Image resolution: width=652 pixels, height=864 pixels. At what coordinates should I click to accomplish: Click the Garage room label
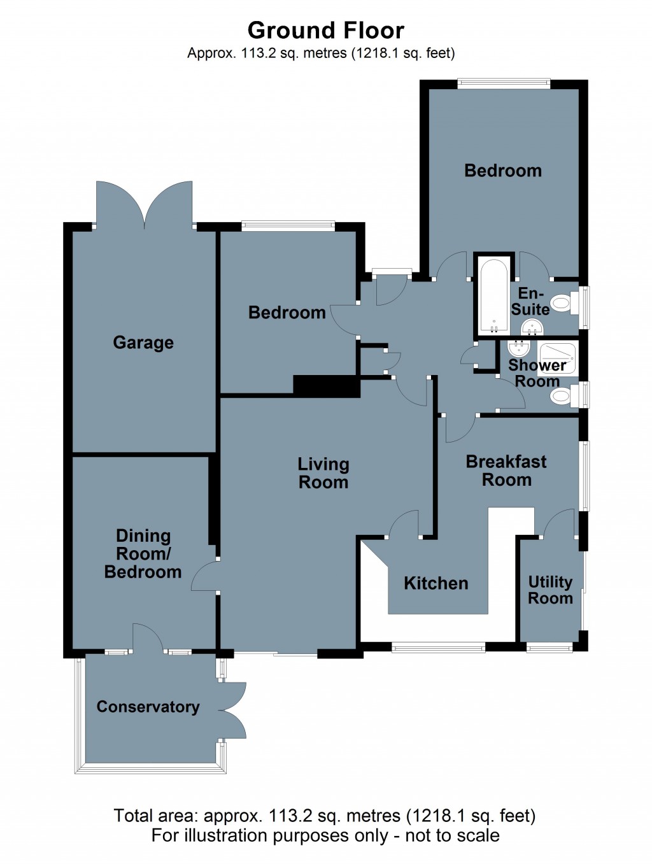[143, 343]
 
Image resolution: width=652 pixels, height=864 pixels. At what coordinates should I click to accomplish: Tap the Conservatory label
[148, 707]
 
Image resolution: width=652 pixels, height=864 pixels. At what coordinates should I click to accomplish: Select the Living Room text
[323, 473]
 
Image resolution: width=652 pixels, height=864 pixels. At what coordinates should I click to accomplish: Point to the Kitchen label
[436, 583]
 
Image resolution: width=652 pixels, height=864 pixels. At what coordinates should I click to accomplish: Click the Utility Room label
[550, 590]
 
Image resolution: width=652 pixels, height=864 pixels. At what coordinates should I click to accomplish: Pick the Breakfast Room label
[506, 471]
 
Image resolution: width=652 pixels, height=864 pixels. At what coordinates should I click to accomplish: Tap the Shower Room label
[537, 373]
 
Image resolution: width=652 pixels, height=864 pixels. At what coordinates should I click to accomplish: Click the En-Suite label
[530, 302]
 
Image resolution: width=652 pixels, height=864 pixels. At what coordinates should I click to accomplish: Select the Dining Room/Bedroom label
[143, 554]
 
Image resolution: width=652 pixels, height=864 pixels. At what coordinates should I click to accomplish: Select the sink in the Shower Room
[519, 350]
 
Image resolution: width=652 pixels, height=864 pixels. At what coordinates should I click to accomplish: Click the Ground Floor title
[325, 31]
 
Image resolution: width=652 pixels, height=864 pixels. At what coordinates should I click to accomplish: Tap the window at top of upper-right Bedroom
[504, 82]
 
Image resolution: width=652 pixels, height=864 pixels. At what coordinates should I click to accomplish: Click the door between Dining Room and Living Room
[204, 577]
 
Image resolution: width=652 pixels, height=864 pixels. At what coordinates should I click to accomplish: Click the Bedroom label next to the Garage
[287, 313]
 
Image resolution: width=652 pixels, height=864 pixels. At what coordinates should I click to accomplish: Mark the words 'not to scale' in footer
[452, 835]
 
